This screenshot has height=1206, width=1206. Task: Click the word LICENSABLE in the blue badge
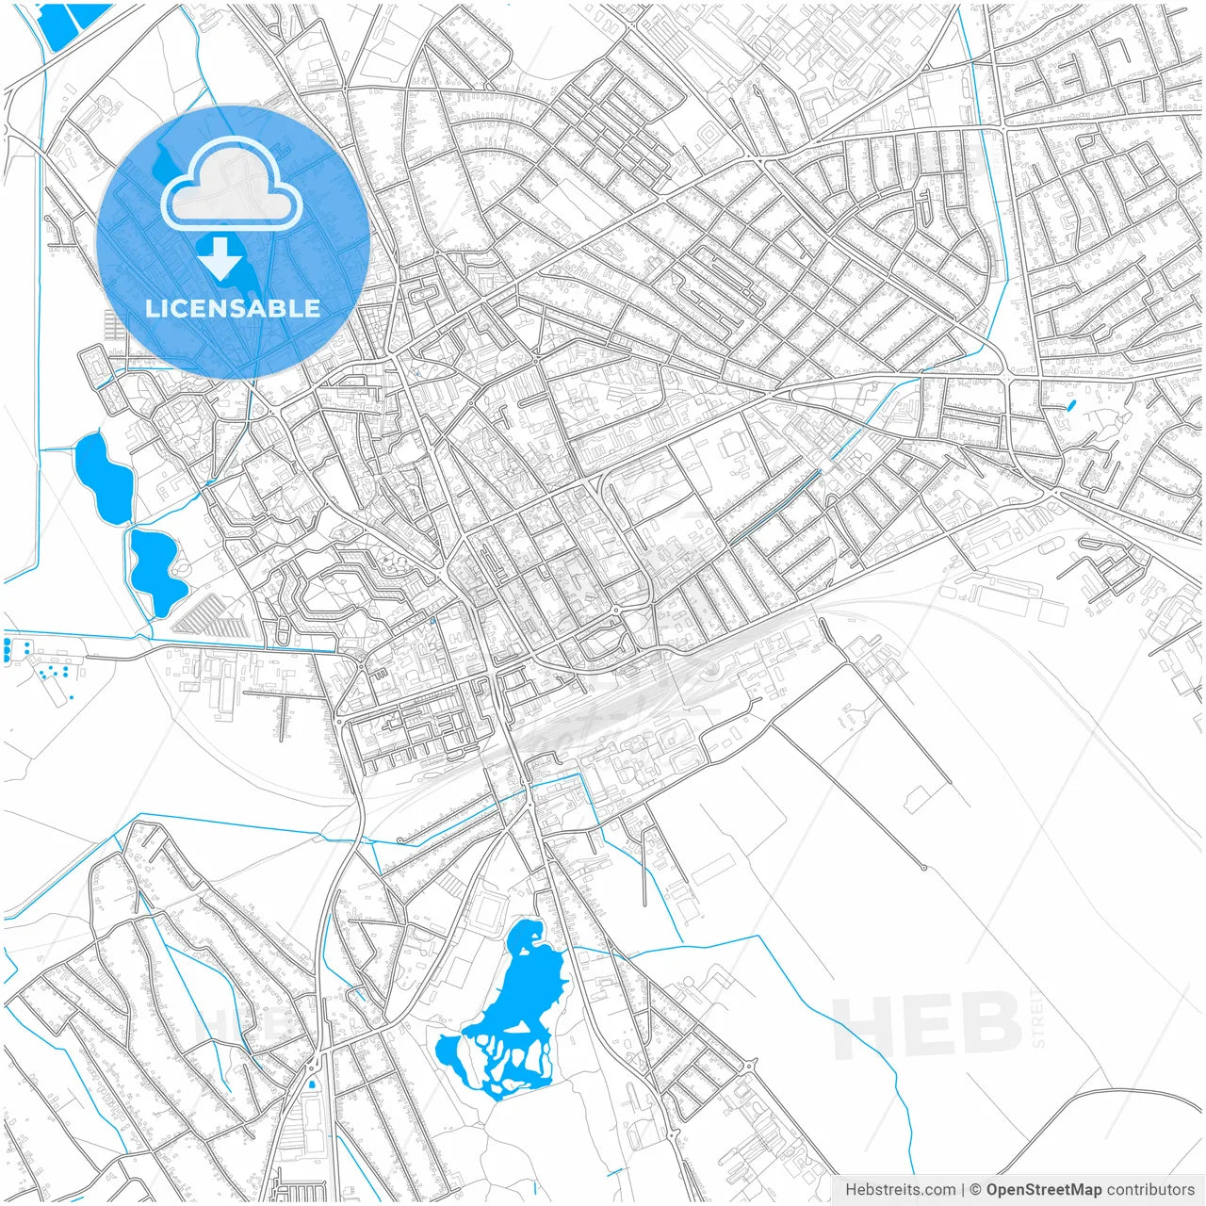[233, 308]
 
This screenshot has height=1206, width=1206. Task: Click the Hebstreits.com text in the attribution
[900, 1190]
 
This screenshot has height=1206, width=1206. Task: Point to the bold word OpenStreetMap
[1044, 1190]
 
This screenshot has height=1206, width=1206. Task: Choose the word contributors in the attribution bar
[1150, 1190]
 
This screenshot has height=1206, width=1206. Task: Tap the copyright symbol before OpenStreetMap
[976, 1190]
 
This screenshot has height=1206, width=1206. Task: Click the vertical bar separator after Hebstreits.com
[962, 1190]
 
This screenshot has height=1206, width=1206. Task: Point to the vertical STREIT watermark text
[1038, 1018]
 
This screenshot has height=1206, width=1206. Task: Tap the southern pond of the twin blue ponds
[157, 570]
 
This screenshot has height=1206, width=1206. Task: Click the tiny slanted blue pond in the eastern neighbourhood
[1071, 407]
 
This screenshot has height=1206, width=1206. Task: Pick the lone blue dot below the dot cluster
[72, 698]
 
